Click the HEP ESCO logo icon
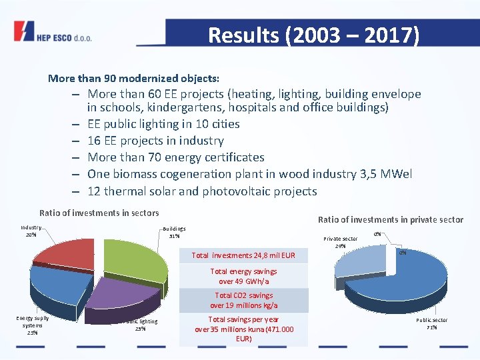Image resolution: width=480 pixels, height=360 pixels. coord(24,31)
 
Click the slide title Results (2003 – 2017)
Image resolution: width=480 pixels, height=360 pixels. coord(313,35)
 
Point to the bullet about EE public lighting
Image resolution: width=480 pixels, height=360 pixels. coord(163,124)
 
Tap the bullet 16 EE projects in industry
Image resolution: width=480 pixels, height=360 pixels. coord(155,141)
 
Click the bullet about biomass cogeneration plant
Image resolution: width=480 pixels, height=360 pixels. coord(249,174)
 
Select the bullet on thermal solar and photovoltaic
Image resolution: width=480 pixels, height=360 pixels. coord(202,191)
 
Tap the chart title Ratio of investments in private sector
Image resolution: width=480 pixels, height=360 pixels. coord(390,220)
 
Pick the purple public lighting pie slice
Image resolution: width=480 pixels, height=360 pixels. coord(123,293)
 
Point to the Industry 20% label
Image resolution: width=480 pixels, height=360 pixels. coord(31,231)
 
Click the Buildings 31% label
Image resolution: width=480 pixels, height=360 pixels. coord(175,232)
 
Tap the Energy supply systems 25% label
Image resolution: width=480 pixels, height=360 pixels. coord(32,325)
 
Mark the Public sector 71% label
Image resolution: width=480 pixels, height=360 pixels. coord(432,324)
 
